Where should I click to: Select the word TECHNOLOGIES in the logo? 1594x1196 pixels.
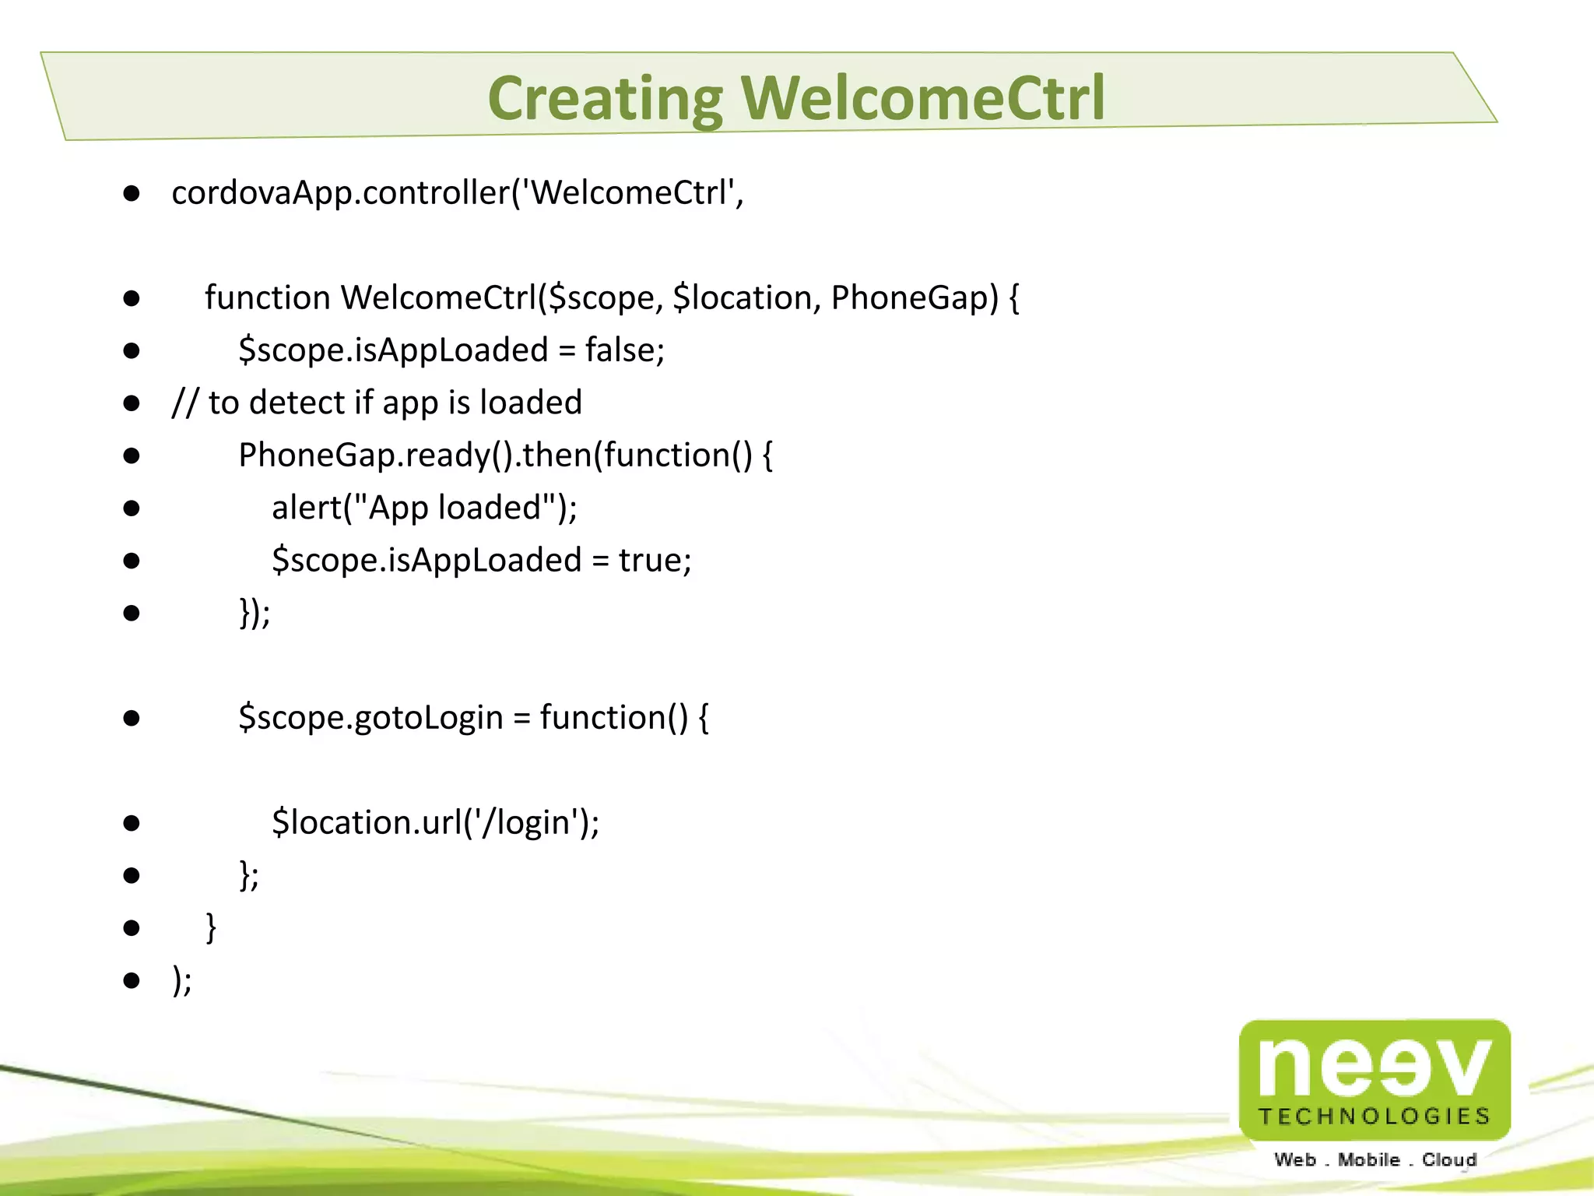1375,1117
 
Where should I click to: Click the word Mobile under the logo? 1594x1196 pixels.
1368,1159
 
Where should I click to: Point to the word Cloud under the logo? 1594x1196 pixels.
1449,1159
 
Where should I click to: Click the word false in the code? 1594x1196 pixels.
620,350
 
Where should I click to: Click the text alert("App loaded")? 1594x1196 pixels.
424,508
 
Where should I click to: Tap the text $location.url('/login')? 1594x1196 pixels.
435,823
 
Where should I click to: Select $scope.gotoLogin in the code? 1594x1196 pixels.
370,717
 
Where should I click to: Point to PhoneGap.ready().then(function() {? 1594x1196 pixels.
505,456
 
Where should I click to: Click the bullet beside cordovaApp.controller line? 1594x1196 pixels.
132,193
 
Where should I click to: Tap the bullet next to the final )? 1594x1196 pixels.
132,980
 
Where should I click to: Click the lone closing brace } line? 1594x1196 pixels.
210,927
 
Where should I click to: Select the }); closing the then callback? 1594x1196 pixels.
255,613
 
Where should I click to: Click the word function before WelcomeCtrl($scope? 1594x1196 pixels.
268,297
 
